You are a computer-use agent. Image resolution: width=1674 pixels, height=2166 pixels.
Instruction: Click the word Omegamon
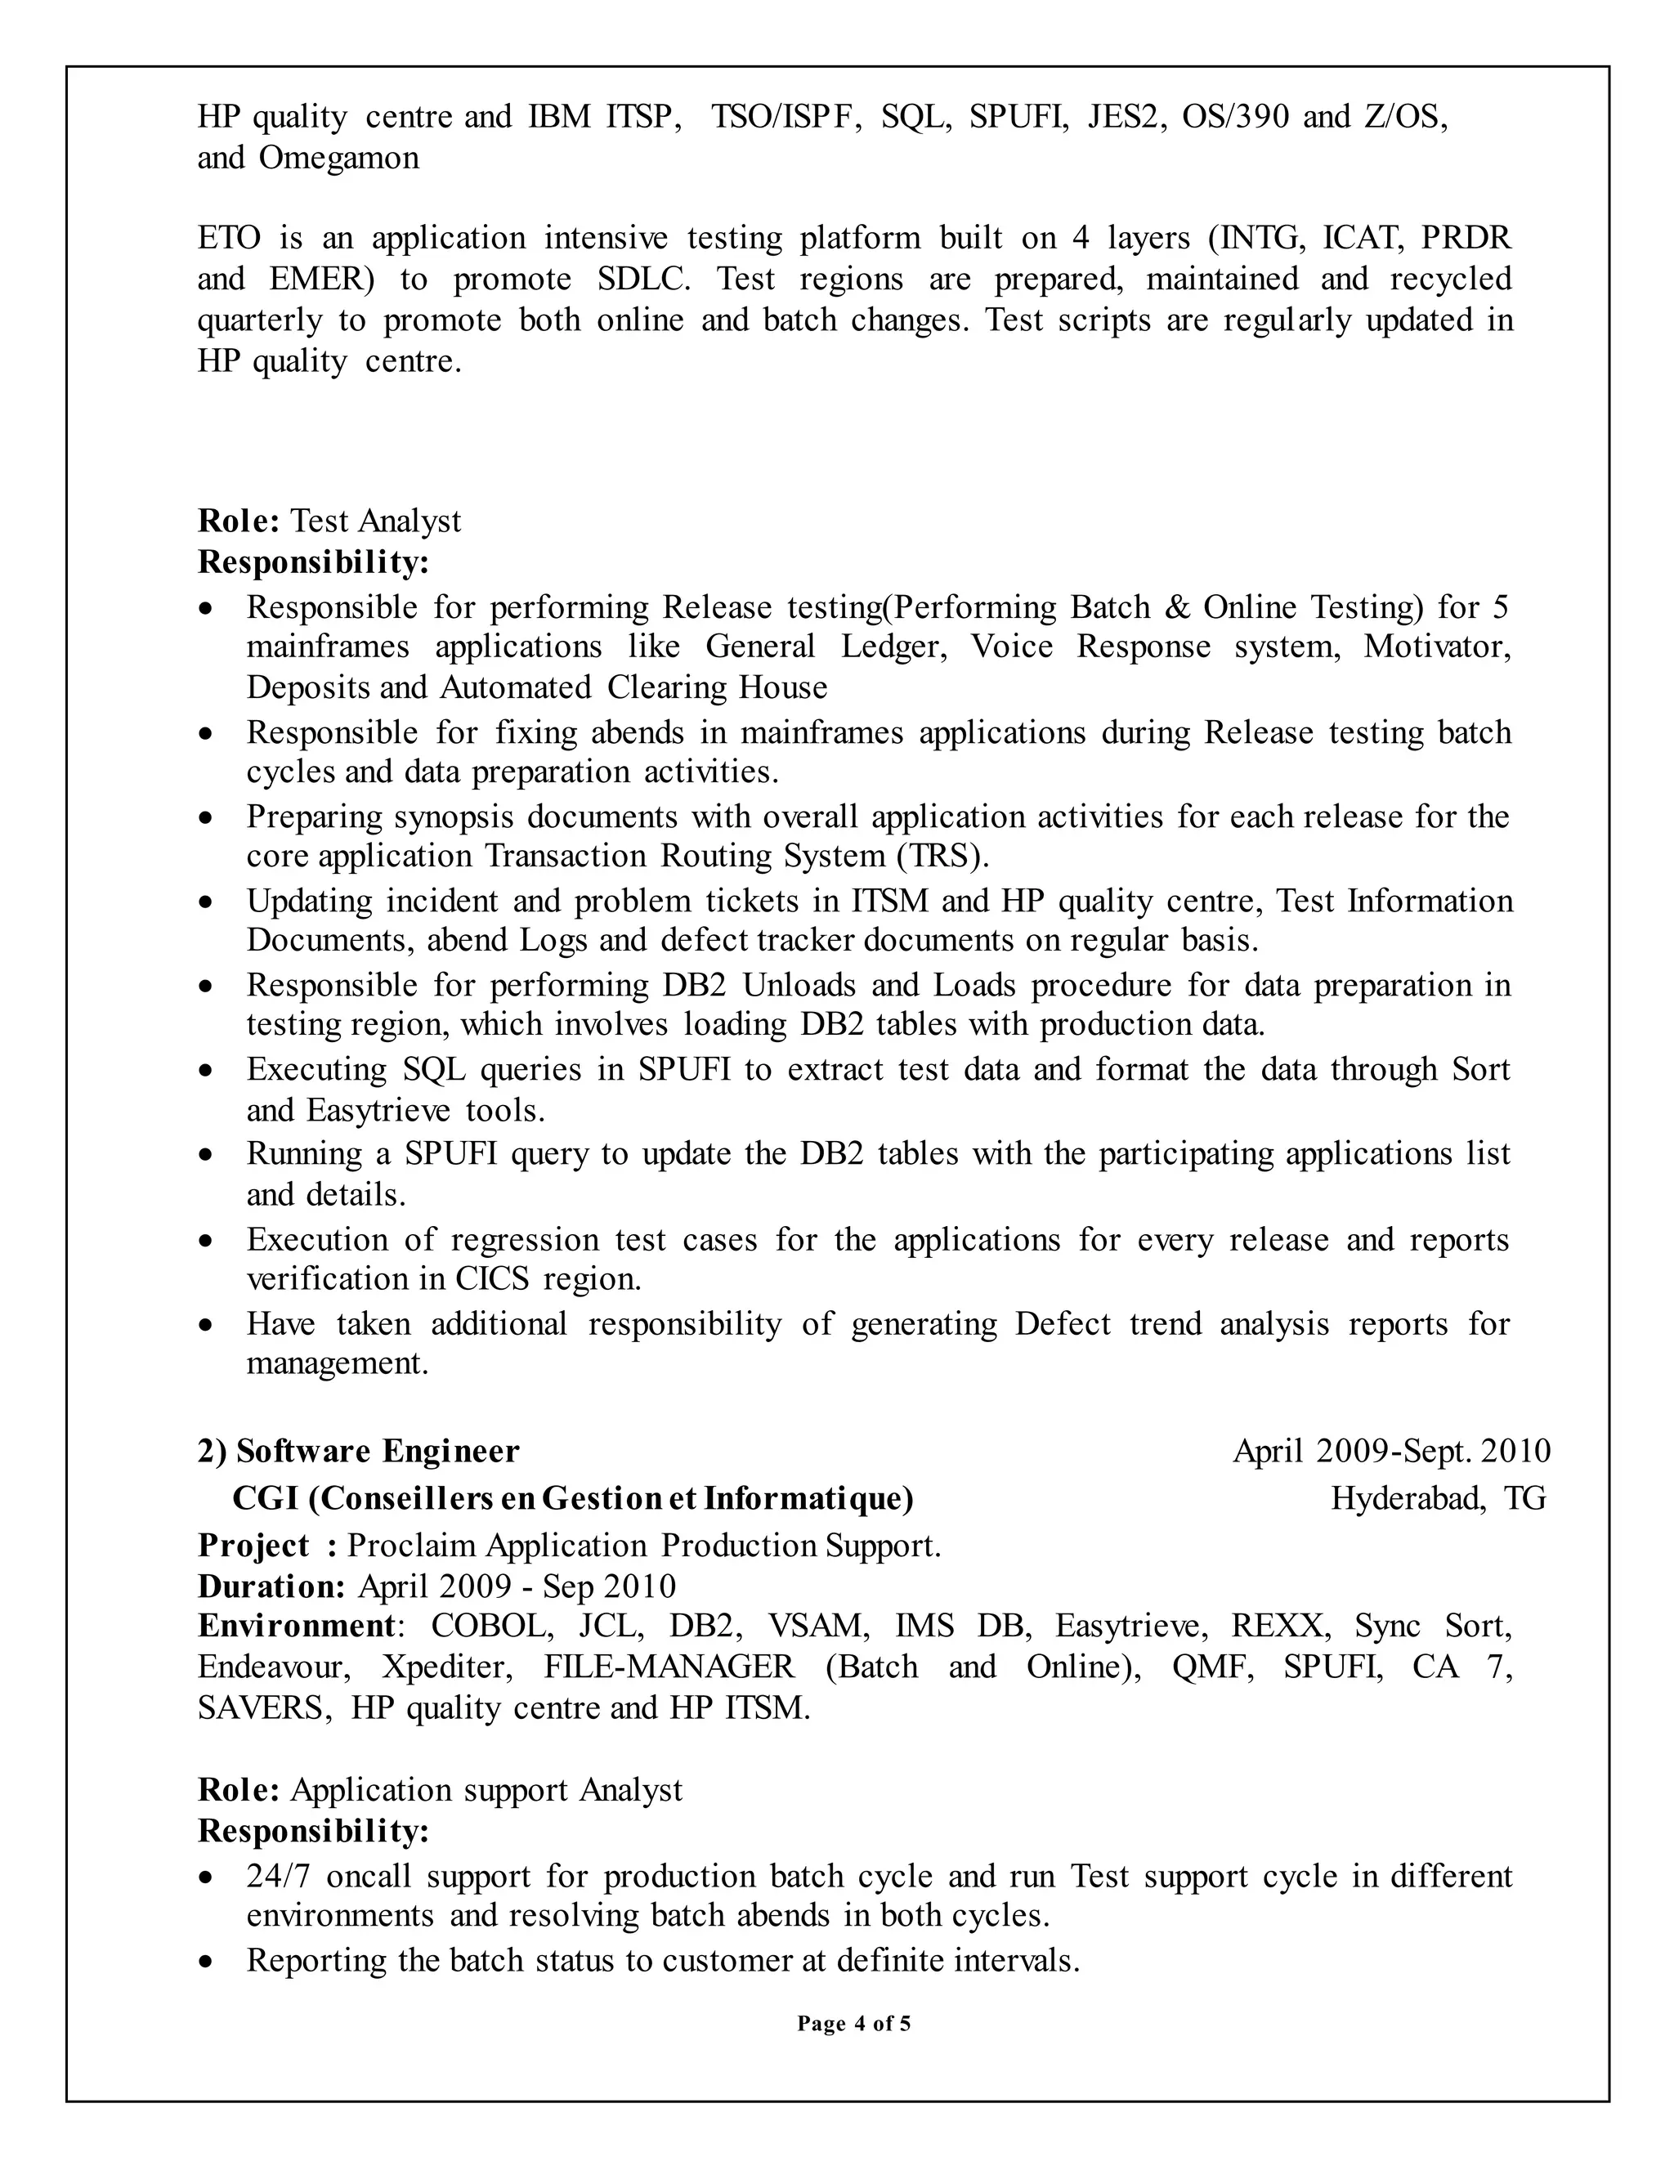point(338,158)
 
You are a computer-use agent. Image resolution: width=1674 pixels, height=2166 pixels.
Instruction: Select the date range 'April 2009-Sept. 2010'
point(1390,1451)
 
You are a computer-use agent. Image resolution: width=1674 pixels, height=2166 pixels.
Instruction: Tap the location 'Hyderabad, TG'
point(1437,1497)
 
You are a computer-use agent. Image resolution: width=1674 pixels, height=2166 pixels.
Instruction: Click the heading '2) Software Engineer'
point(358,1451)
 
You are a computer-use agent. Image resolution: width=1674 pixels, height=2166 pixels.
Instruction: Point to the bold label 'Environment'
point(297,1626)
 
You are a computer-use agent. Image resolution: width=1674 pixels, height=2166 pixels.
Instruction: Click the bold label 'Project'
point(254,1545)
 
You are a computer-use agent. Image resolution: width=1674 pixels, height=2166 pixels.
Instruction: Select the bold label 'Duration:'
point(271,1586)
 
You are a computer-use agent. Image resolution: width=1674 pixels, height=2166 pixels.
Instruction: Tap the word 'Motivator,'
point(1437,647)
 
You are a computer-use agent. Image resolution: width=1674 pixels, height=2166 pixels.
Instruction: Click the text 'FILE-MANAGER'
point(669,1666)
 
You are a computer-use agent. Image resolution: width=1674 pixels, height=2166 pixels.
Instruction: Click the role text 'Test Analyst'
point(375,521)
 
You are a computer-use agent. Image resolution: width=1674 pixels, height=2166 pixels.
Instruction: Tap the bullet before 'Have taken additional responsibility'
point(205,1325)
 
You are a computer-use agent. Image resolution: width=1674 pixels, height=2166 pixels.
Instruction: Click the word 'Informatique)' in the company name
point(808,1497)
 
